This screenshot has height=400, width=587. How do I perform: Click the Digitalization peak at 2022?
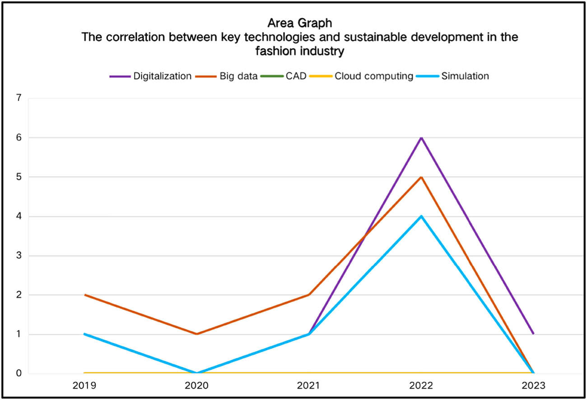point(421,137)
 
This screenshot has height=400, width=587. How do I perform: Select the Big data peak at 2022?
point(421,177)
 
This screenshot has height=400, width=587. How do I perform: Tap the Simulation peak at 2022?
point(421,216)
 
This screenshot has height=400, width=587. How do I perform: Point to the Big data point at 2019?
point(85,295)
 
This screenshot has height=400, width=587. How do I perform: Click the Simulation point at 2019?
point(85,334)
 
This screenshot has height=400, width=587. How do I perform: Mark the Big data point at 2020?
point(197,334)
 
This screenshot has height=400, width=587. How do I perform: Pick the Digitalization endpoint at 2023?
point(533,334)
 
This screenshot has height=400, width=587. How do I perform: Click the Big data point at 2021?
point(309,295)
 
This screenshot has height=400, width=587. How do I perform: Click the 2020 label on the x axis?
point(197,386)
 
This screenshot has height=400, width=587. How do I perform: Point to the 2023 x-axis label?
point(533,386)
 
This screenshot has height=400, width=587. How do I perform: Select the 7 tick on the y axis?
point(19,98)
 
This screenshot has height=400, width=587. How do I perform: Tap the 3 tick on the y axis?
point(19,256)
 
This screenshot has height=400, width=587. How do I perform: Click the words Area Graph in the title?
point(299,23)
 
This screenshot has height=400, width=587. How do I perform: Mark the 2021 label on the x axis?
point(309,386)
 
